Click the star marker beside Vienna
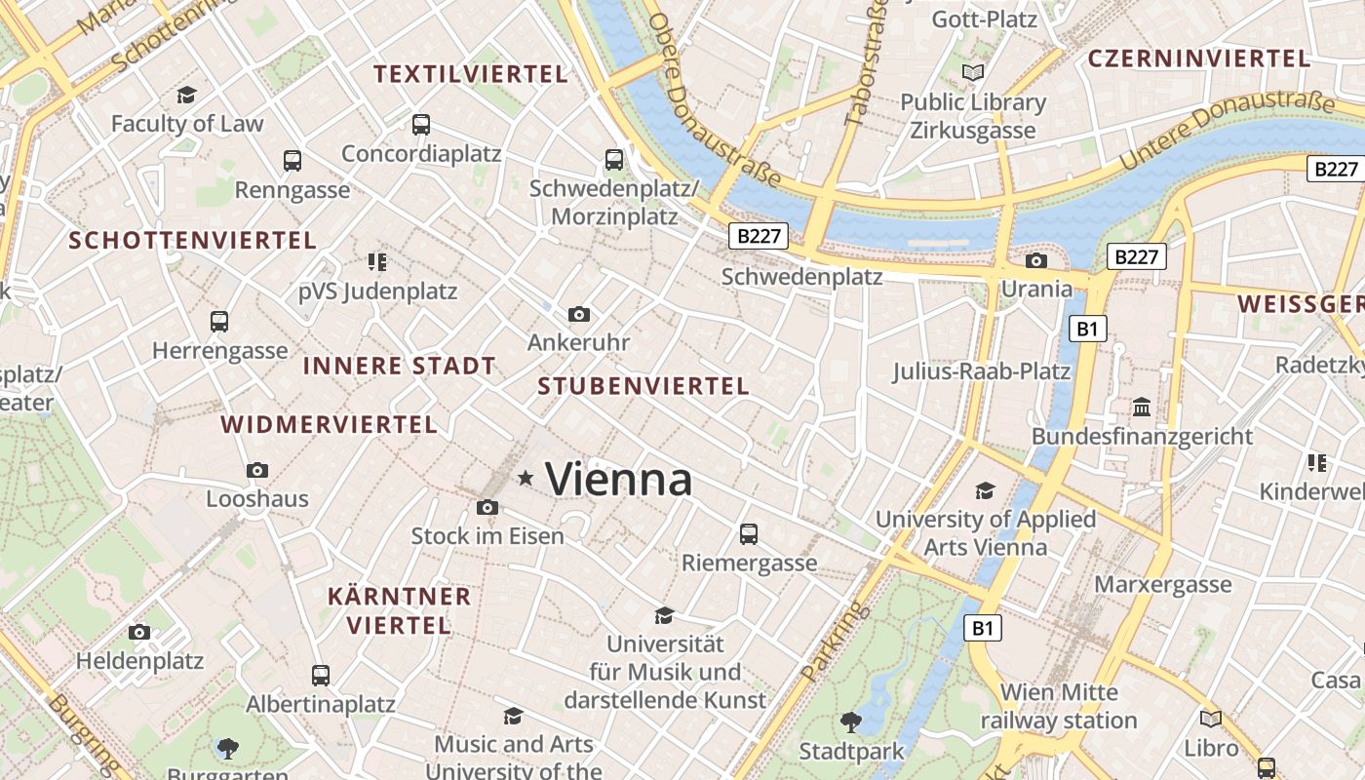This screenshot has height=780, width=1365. click(526, 478)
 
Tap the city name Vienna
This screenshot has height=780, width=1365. click(619, 479)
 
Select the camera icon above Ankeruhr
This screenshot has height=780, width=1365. click(579, 314)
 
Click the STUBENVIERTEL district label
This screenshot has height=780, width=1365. click(643, 386)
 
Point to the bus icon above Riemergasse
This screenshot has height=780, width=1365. click(749, 534)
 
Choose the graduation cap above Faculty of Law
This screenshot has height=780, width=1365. click(186, 95)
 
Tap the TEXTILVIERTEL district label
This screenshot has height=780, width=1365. click(470, 74)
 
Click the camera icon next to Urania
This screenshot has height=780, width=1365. click(1036, 260)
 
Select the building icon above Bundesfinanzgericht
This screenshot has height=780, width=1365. click(1142, 407)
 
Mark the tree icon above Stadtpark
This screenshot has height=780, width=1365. click(851, 722)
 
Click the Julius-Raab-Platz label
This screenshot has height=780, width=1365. click(981, 371)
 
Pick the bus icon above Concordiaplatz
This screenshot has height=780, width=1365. click(421, 125)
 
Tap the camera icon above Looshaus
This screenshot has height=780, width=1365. click(257, 470)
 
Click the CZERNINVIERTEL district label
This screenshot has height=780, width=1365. click(1198, 58)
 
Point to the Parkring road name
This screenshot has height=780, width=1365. click(823, 641)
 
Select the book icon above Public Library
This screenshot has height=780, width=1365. click(972, 72)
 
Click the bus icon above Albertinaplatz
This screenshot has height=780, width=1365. click(321, 675)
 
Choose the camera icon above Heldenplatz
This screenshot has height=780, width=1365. click(139, 632)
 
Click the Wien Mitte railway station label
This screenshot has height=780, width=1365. click(1059, 707)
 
